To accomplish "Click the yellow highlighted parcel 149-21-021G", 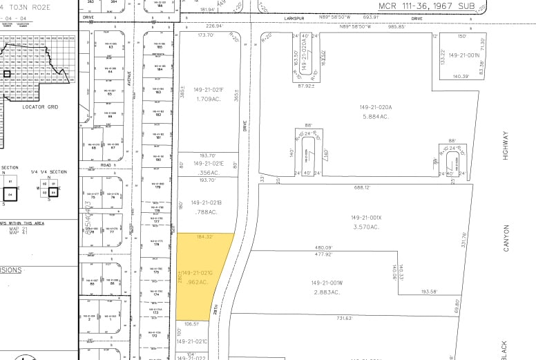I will point(204,276).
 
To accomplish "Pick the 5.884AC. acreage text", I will point(375,116).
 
